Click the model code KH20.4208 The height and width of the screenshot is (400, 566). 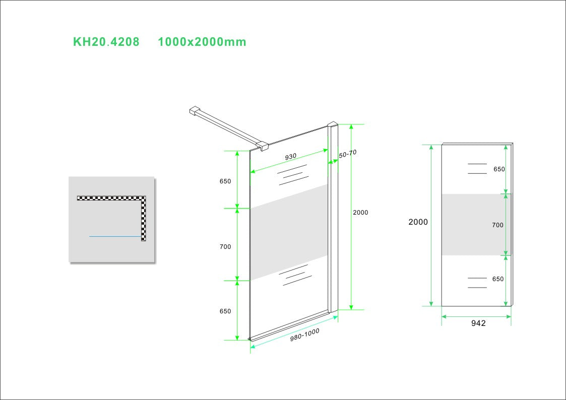pyautogui.click(x=106, y=42)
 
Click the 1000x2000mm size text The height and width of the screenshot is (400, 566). pyautogui.click(x=202, y=42)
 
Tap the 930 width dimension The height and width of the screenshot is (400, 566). pyautogui.click(x=291, y=157)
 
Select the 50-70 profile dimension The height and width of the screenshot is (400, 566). pyautogui.click(x=348, y=154)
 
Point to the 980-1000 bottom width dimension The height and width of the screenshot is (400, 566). pyautogui.click(x=304, y=335)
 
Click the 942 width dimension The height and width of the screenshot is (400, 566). pyautogui.click(x=478, y=323)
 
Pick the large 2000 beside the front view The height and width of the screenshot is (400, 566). pyautogui.click(x=418, y=222)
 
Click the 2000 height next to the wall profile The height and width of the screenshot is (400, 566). pyautogui.click(x=360, y=213)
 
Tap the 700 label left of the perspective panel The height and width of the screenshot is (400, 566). pyautogui.click(x=225, y=247)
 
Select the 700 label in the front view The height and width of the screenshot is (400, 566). pyautogui.click(x=497, y=225)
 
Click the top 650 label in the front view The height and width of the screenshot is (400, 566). pyautogui.click(x=499, y=169)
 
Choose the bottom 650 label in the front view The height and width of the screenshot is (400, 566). pyautogui.click(x=498, y=279)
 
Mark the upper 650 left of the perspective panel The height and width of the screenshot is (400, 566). pyautogui.click(x=225, y=181)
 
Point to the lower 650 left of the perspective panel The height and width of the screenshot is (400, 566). pyautogui.click(x=225, y=311)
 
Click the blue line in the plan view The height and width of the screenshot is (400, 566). pyautogui.click(x=115, y=237)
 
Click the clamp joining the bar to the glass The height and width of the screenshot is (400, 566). pyautogui.click(x=263, y=146)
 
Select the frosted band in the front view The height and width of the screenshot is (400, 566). pyautogui.click(x=476, y=225)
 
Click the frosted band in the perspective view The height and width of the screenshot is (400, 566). pyautogui.click(x=289, y=232)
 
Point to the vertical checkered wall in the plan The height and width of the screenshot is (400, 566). pyautogui.click(x=143, y=219)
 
